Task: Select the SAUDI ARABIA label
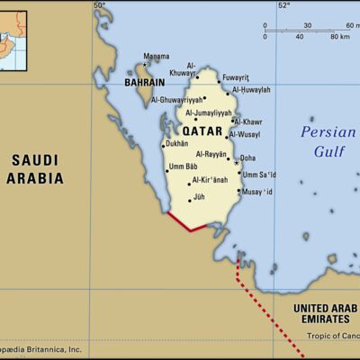point(36,169)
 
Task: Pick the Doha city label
point(248,158)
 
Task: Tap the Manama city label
point(156,56)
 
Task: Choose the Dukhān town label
point(177,143)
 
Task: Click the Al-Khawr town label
point(250,121)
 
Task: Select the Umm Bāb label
point(183,166)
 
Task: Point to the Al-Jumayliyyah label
point(208,113)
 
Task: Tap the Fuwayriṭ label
point(235,76)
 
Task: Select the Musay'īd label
point(257,192)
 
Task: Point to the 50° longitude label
point(99,6)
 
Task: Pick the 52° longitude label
point(283,6)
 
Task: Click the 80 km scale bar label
point(340,37)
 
